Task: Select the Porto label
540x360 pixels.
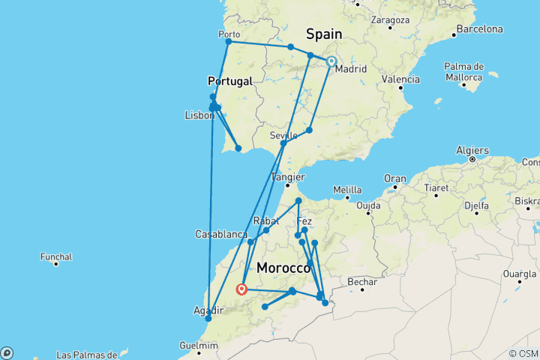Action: coord(229,34)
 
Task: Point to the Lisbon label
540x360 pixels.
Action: coord(199,115)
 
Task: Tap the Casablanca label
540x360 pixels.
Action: coord(220,234)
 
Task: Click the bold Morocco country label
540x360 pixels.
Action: coord(283,268)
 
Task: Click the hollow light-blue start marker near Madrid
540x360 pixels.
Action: coord(331,62)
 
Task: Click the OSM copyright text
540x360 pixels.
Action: coord(523,353)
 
